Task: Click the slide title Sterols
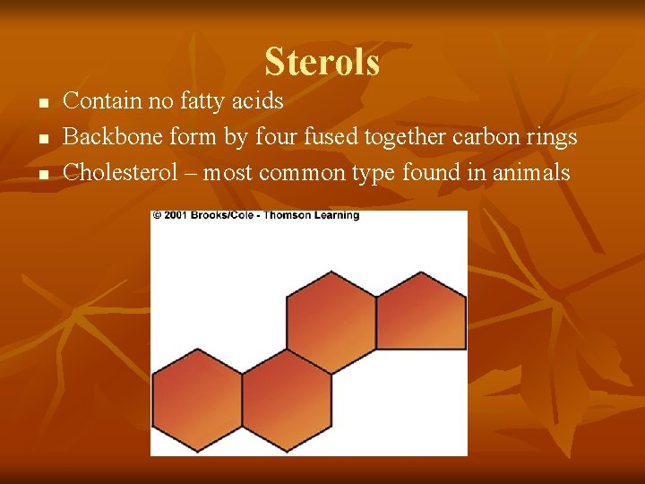tap(322, 63)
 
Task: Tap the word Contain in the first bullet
tap(103, 100)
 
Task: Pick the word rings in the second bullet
tap(551, 136)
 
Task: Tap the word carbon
tap(486, 136)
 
